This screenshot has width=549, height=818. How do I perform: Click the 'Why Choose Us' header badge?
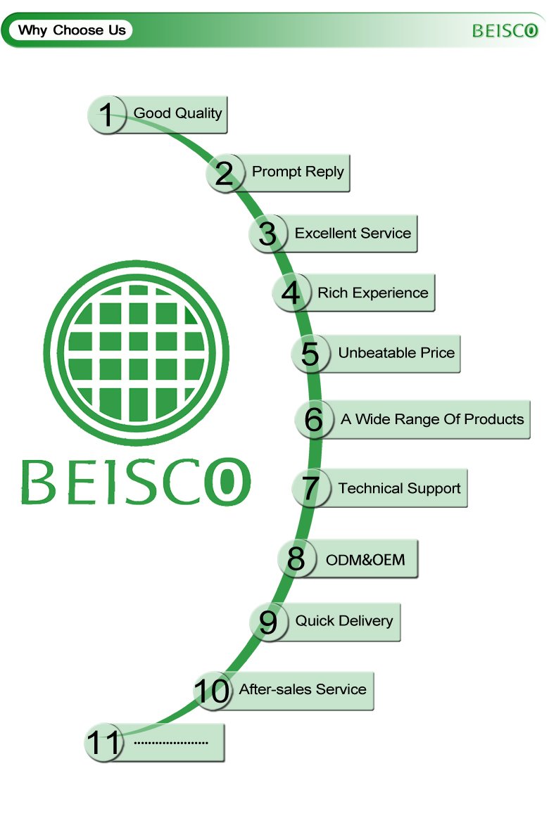point(72,30)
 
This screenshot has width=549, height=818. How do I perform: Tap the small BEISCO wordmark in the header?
point(505,31)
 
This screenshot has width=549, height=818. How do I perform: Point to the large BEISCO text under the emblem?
point(135,482)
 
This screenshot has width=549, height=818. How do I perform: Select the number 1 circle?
point(106,114)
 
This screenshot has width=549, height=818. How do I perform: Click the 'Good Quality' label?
point(177,113)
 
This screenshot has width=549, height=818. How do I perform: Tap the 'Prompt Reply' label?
point(298,172)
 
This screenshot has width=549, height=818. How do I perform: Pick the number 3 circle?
point(267,234)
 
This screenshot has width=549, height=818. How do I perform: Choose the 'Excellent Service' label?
point(353,233)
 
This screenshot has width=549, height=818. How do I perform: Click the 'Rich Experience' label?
point(372,293)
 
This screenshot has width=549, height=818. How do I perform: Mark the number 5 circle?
point(310,353)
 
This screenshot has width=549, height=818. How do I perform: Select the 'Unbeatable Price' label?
point(396,352)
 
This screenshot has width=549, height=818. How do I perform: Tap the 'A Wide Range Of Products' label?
point(432,419)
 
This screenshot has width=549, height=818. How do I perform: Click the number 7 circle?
point(310,488)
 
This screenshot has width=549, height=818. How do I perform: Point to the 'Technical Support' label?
point(399,488)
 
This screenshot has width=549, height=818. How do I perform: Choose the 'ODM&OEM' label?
point(365,560)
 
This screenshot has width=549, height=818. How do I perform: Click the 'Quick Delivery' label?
point(343,621)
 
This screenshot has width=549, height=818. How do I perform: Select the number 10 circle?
point(212,691)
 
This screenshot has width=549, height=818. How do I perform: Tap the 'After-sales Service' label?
point(303,689)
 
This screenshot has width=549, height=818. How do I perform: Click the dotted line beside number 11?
point(171,742)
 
